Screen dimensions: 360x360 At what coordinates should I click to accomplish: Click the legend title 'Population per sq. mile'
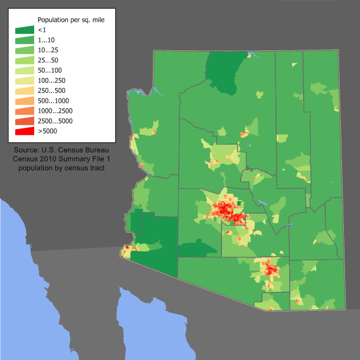pos(71,20)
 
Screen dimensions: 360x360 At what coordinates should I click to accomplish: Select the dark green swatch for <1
pos(25,29)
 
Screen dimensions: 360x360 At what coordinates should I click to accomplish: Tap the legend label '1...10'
pos(47,40)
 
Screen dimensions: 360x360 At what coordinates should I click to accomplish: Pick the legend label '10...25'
pos(49,50)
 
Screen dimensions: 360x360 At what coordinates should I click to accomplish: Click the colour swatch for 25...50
pos(25,61)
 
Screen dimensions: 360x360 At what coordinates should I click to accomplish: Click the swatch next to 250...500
pos(25,91)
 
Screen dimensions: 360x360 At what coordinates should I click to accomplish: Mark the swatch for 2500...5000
pos(25,121)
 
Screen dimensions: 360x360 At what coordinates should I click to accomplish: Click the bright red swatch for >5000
pos(25,131)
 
